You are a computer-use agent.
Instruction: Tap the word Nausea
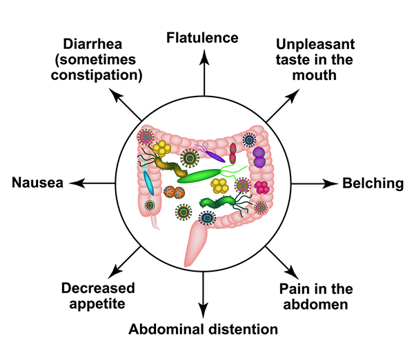38,183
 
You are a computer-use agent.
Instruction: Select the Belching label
373,183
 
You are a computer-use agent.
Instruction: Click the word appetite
97,303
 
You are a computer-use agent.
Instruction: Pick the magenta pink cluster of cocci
262,187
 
